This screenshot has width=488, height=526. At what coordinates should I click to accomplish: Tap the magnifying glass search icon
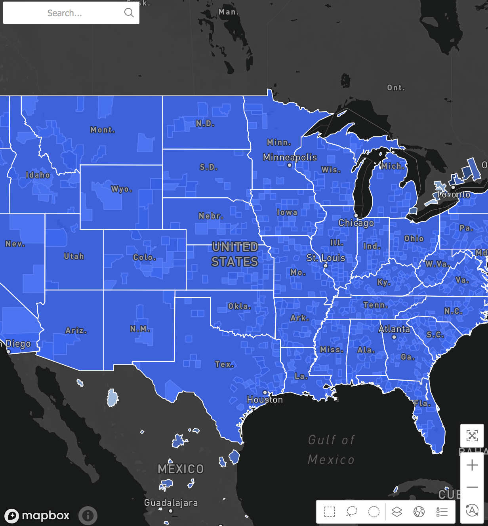(x=129, y=13)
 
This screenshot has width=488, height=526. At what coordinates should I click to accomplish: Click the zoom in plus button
(x=472, y=465)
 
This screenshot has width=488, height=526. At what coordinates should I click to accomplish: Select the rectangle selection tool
(x=330, y=512)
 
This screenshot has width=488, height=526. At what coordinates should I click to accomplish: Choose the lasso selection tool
(x=352, y=512)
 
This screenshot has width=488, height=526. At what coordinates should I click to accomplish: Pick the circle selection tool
(x=374, y=512)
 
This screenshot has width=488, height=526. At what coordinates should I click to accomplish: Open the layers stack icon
(x=397, y=512)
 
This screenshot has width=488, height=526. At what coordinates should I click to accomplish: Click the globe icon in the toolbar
(x=419, y=512)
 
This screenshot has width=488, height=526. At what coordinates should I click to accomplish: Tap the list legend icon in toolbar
(x=442, y=512)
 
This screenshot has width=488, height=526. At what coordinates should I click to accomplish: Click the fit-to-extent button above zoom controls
(x=472, y=436)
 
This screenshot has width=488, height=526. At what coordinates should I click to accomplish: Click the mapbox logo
(x=37, y=515)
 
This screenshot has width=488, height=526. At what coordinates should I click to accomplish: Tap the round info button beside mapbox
(x=88, y=515)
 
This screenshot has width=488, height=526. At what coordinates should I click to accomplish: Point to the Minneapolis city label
(x=290, y=157)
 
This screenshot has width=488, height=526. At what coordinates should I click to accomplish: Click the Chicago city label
(x=356, y=223)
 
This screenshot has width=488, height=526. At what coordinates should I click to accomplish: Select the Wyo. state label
(x=122, y=189)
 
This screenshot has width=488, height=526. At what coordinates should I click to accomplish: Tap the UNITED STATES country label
(x=235, y=254)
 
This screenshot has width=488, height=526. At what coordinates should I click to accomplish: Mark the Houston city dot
(x=265, y=393)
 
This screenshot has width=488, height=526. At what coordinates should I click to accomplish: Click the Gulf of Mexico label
(x=331, y=450)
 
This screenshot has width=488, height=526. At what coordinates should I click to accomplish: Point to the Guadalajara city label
(x=171, y=503)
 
